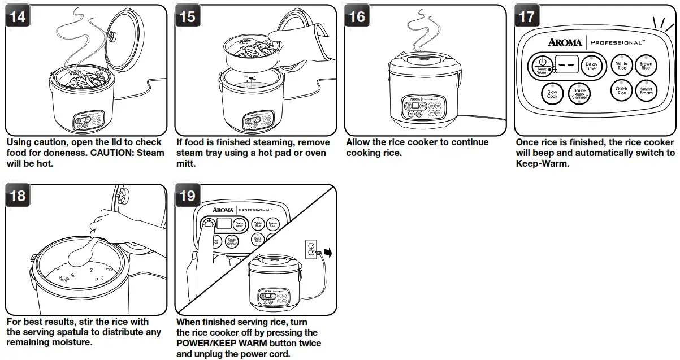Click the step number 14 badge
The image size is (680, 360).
18,16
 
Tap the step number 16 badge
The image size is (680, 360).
357,16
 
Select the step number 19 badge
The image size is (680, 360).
188,196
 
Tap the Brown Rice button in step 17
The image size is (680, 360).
646,66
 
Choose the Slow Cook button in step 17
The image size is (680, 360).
552,94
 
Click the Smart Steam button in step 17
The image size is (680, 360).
646,90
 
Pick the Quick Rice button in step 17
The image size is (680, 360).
622,90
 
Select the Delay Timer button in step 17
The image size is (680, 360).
591,66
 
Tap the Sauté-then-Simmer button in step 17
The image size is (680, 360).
579,94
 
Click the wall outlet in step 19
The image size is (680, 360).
311,249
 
